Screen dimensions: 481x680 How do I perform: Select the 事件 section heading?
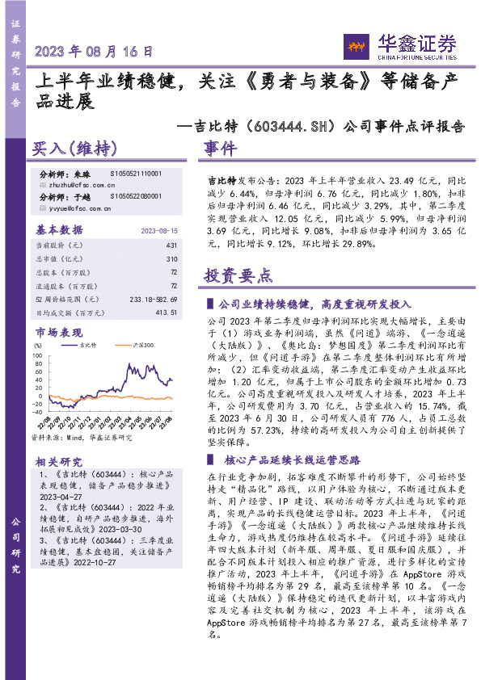coord(220,149)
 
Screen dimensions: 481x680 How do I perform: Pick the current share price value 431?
coord(171,245)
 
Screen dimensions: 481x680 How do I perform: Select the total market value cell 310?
coord(171,259)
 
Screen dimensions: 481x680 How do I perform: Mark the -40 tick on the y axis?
coord(37,410)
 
